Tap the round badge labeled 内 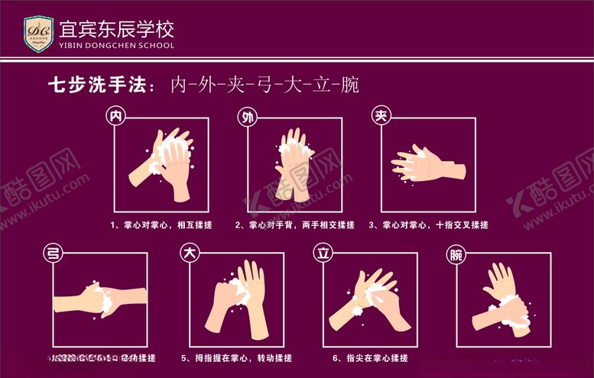coord(116,116)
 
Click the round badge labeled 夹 coord(381,116)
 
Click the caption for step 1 coord(161,225)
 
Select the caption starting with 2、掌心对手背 coord(294,225)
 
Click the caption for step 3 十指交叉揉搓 coord(428,225)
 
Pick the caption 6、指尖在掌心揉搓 coord(370,358)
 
